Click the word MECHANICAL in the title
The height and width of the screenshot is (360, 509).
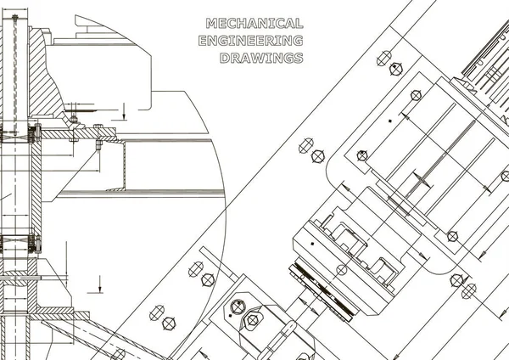tap(255, 24)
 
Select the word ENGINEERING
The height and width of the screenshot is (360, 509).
tap(250, 41)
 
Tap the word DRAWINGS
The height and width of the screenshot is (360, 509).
tap(261, 58)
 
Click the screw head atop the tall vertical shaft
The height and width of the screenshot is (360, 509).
tap(14, 17)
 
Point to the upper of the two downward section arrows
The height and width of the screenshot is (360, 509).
tap(124, 111)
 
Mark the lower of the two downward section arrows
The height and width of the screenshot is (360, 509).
tap(99, 284)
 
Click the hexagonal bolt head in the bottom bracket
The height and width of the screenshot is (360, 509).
tap(252, 320)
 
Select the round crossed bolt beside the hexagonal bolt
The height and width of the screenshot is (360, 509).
tap(238, 307)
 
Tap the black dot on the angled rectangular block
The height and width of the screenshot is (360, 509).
tap(312, 244)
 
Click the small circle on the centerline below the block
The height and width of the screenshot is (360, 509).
tap(342, 270)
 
